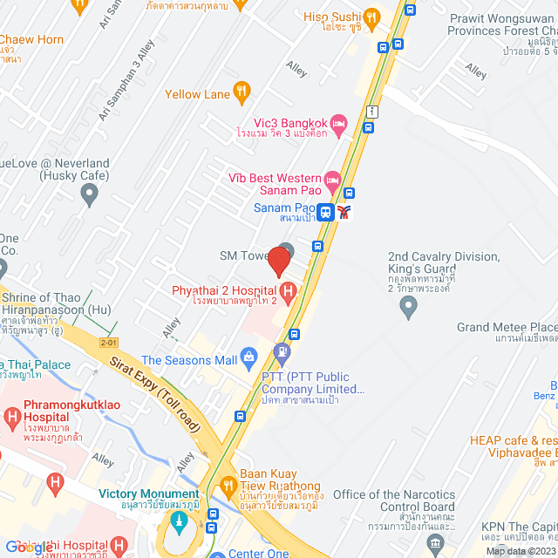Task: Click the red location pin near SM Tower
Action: pos(279,261)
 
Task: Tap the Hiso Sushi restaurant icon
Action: pos(372,17)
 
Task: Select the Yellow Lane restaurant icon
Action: pos(242,93)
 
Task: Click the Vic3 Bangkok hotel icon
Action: pos(340,122)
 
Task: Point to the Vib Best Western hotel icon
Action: pos(332,181)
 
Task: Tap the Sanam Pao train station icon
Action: pos(325,211)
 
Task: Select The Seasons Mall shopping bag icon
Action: pos(250,356)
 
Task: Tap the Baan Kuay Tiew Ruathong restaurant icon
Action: pos(228,485)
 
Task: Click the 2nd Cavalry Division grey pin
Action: pos(407,306)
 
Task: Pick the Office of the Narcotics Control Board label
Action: pos(394,500)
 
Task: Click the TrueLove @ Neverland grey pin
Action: pos(88,195)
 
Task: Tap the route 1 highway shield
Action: pos(372,111)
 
